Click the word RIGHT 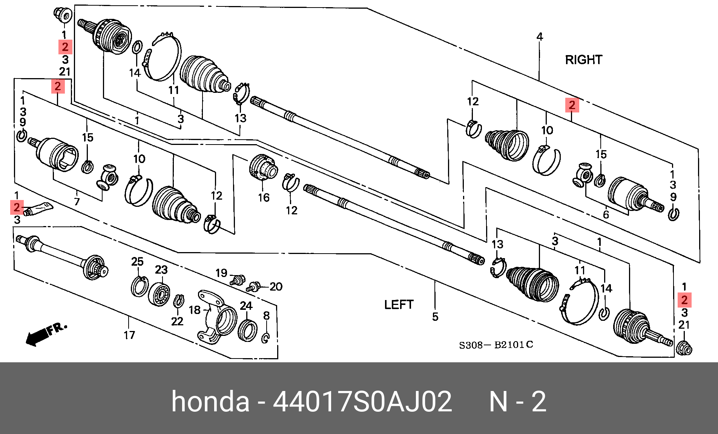pos(583,60)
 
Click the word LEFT pos(399,305)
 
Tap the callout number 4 pos(540,37)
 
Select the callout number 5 pos(435,317)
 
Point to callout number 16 pos(264,197)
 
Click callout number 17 pos(129,335)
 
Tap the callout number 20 pos(276,287)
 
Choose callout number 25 pos(137,262)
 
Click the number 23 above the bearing pos(161,269)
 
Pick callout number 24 pos(246,305)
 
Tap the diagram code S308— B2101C pos(496,345)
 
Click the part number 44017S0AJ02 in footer pos(362,402)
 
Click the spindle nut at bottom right pos(684,348)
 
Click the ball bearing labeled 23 pos(159,294)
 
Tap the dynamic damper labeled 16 pos(263,168)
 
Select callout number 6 pos(606,214)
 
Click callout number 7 pos(77,202)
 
